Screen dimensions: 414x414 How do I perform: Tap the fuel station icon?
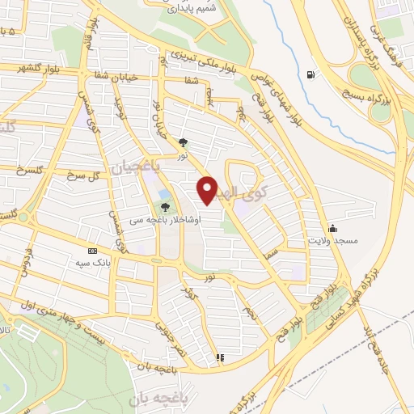click(x=310, y=76)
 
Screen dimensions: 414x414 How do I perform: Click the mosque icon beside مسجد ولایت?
click(x=332, y=229)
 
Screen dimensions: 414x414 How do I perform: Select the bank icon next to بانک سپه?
click(x=91, y=251)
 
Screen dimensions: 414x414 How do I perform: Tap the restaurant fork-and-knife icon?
click(x=218, y=357)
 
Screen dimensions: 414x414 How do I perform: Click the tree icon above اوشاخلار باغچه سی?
click(x=166, y=208)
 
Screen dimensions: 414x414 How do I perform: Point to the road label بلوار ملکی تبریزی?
click(x=204, y=62)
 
